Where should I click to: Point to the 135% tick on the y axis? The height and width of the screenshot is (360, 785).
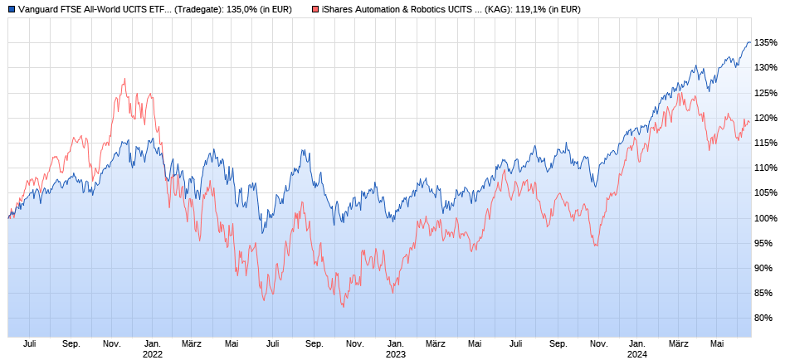(767, 43)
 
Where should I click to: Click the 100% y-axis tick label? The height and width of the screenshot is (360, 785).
(767, 218)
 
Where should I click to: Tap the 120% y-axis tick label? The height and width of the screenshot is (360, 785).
(767, 118)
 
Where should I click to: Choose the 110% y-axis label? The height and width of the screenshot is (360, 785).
(767, 168)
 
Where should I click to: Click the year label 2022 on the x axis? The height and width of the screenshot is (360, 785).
(152, 353)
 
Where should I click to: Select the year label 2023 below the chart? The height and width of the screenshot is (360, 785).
(395, 353)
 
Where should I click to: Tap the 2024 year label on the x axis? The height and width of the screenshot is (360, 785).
(637, 353)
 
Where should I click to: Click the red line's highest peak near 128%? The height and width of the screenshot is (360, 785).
(124, 79)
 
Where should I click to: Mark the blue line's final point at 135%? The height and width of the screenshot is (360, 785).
(750, 42)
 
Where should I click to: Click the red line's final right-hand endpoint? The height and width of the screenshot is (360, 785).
(750, 122)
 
